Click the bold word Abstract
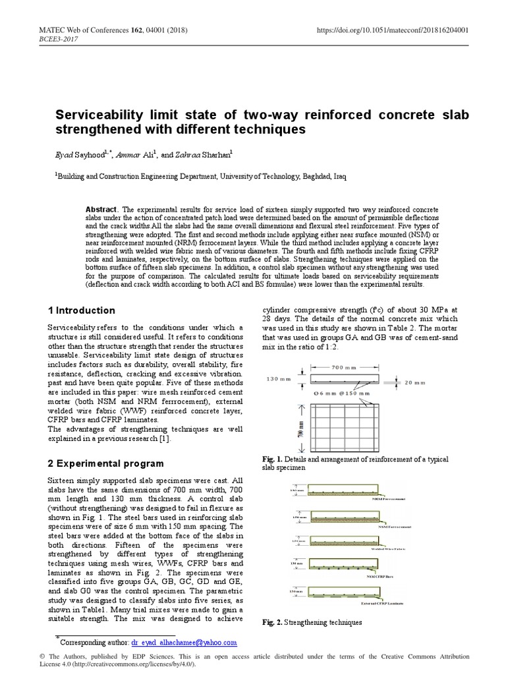pos(103,209)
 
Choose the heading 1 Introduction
pos(82,310)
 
